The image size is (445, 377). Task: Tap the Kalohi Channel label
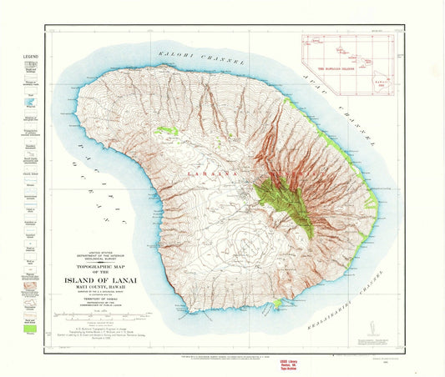[x=197, y=56]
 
